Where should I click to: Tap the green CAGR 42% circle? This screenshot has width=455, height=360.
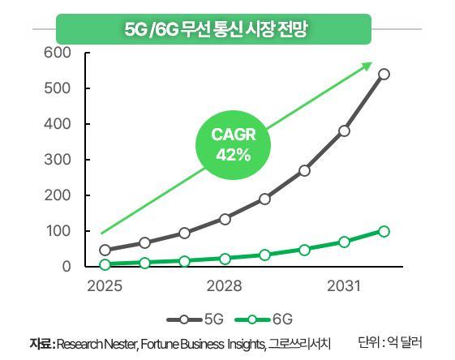233,144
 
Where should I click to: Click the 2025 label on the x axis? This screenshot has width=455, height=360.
104,287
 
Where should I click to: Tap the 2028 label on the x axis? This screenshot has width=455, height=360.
224,287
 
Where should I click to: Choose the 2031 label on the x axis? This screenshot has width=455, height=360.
343,287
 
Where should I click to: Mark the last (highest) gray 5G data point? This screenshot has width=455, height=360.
384,74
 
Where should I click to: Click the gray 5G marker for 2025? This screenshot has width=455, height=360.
105,250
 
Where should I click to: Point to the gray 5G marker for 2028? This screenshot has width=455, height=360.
225,219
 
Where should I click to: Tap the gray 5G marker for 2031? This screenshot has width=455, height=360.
344,131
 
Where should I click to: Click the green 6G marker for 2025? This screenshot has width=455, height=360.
105,264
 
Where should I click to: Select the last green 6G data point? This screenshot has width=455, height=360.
384,231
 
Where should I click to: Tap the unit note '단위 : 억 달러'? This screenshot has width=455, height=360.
391,342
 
